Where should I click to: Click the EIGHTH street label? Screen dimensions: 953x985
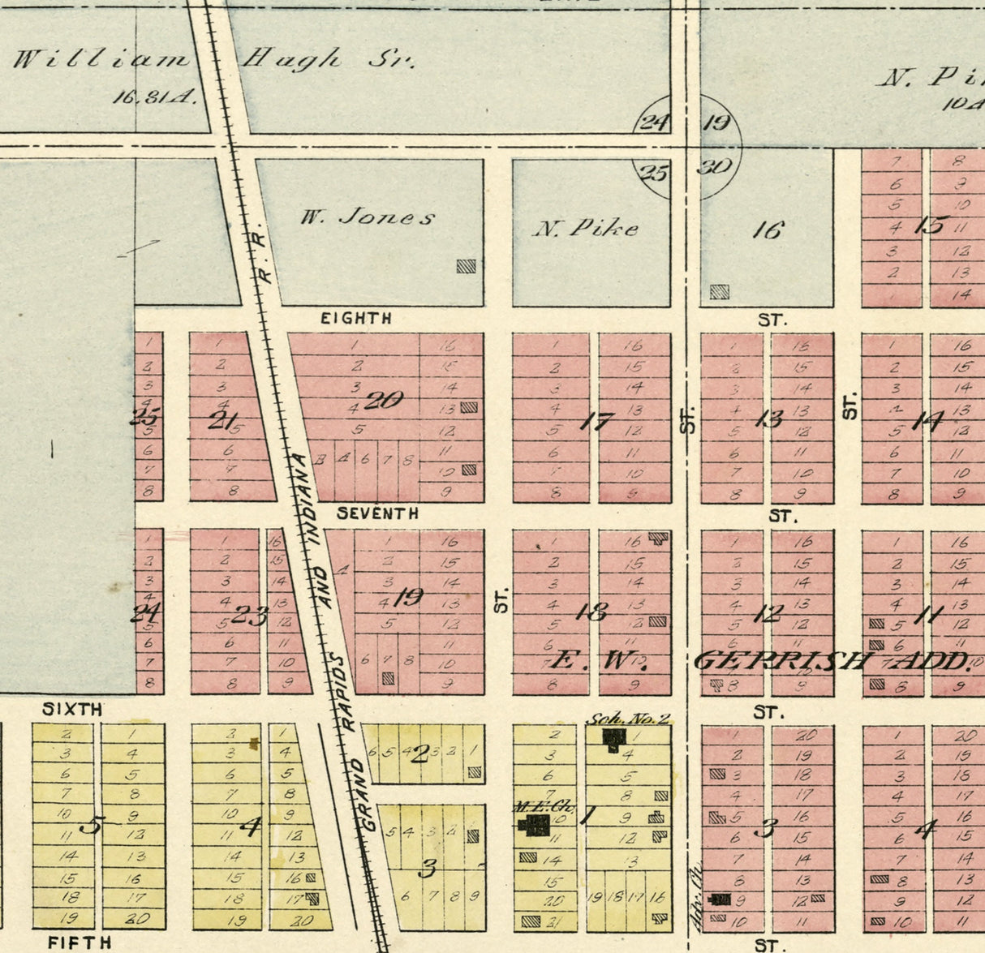pyautogui.click(x=355, y=319)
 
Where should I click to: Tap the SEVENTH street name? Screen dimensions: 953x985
pyautogui.click(x=377, y=513)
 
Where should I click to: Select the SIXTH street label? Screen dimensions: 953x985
pyautogui.click(x=72, y=710)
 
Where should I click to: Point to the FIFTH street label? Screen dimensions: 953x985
pyautogui.click(x=79, y=942)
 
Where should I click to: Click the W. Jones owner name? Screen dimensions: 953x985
pyautogui.click(x=368, y=217)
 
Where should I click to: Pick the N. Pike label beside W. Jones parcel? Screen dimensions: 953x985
pyautogui.click(x=585, y=229)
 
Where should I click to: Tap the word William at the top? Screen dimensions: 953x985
pyautogui.click(x=101, y=59)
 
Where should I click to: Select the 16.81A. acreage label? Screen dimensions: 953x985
pyautogui.click(x=154, y=97)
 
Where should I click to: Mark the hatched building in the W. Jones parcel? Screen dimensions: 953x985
pyautogui.click(x=466, y=266)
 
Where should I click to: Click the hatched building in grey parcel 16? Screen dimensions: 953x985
pyautogui.click(x=719, y=292)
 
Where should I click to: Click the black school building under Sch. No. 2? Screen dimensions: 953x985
pyautogui.click(x=614, y=738)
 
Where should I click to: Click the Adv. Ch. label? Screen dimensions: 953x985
pyautogui.click(x=694, y=892)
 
